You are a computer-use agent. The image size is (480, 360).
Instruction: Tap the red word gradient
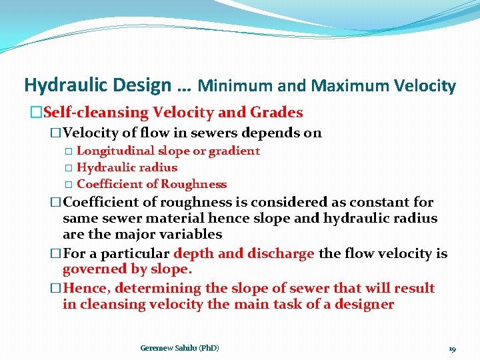click(234, 151)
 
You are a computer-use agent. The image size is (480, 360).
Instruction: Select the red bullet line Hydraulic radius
click(127, 167)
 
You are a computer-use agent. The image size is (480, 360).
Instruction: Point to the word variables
click(190, 234)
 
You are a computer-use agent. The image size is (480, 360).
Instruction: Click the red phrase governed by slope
click(127, 269)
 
